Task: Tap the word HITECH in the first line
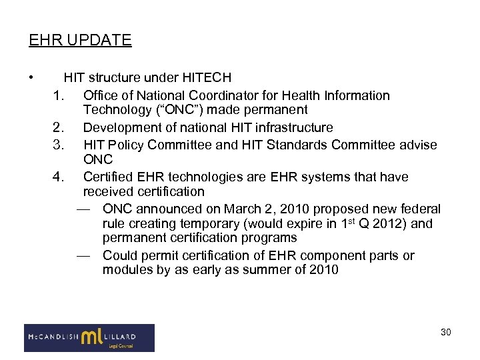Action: point(207,79)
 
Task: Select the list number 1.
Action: point(58,95)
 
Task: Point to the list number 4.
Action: point(58,177)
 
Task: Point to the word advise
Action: point(418,145)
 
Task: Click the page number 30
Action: point(445,332)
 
